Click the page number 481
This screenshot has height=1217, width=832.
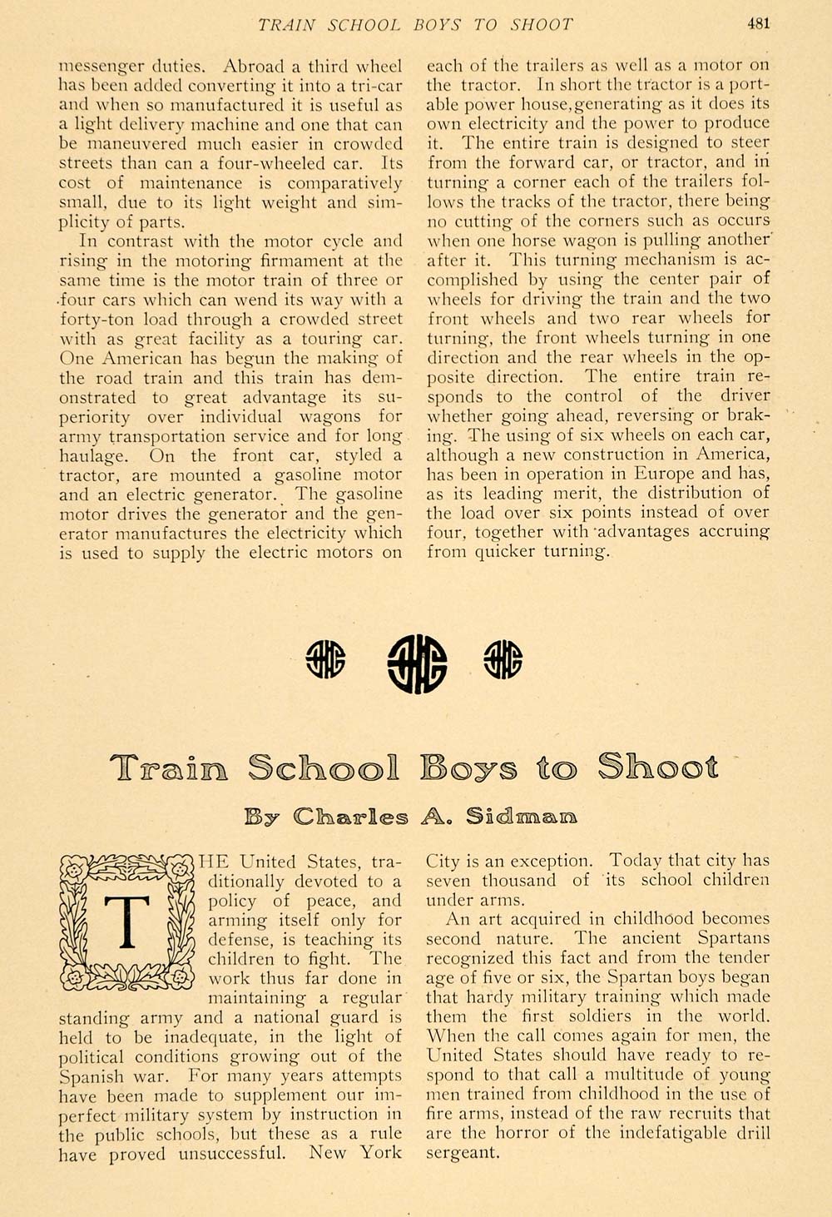(x=757, y=23)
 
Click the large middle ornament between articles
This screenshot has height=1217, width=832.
(x=417, y=663)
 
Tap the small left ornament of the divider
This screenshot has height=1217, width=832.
(x=325, y=659)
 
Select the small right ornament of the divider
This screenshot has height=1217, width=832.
(x=503, y=659)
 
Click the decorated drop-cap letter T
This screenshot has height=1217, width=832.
(x=126, y=922)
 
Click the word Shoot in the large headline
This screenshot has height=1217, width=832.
(x=656, y=767)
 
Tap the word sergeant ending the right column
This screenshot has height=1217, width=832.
(x=463, y=1154)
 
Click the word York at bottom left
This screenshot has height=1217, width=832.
(x=380, y=1153)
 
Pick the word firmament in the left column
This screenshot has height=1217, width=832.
(x=309, y=261)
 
